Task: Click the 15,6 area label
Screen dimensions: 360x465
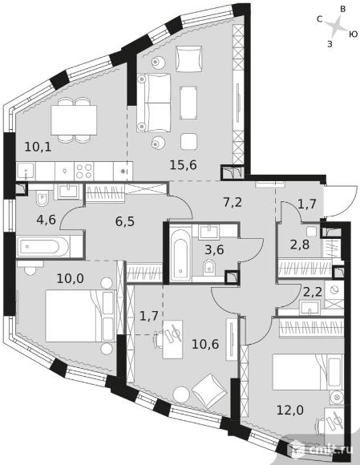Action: (184, 165)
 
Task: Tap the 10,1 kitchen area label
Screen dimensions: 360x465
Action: (38, 147)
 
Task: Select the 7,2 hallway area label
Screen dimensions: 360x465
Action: (233, 202)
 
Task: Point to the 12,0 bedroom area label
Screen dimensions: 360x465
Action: (290, 410)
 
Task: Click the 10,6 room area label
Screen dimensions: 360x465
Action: (205, 344)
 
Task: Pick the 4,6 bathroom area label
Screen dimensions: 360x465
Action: (47, 220)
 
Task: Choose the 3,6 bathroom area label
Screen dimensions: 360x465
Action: (214, 249)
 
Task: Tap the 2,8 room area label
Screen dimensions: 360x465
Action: (300, 245)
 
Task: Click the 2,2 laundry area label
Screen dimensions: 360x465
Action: (312, 293)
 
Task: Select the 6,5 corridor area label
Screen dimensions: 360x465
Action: (125, 221)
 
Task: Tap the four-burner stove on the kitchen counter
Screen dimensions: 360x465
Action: (84, 171)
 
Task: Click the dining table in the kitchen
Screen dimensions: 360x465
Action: (74, 119)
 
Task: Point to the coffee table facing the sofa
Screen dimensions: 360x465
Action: (188, 103)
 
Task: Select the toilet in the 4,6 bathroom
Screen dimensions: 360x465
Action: (42, 198)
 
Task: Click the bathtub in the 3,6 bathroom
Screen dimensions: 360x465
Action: (180, 253)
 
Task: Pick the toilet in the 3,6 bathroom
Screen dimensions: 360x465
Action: (209, 267)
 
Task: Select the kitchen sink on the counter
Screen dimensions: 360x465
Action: (26, 172)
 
